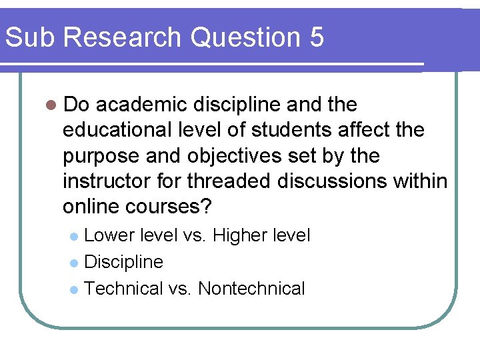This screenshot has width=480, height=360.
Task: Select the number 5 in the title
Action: coord(317,37)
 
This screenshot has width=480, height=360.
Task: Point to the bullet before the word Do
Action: coord(51,105)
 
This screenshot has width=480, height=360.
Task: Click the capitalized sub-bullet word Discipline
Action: coord(124,262)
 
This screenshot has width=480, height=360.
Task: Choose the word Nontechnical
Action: coord(251,289)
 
